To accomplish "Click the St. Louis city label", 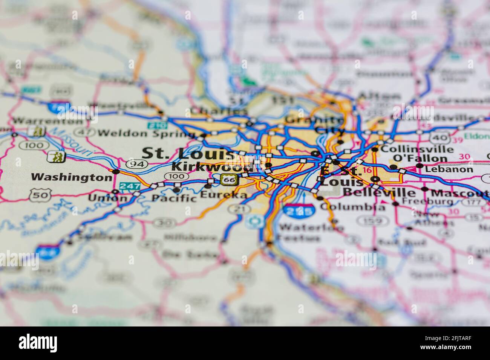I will (x=188, y=154).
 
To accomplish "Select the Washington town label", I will (x=71, y=177).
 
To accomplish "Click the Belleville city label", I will (x=379, y=193).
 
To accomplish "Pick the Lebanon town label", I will (x=449, y=169).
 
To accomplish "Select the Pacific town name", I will (x=174, y=198).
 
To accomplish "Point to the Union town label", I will (x=102, y=197).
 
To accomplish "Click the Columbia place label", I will (x=353, y=207).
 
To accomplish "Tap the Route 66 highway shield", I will (x=228, y=180).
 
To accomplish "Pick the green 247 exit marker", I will (x=129, y=186).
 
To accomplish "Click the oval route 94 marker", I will (x=137, y=164).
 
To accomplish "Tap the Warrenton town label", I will (x=47, y=121).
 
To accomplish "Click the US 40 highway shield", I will (x=439, y=137).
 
